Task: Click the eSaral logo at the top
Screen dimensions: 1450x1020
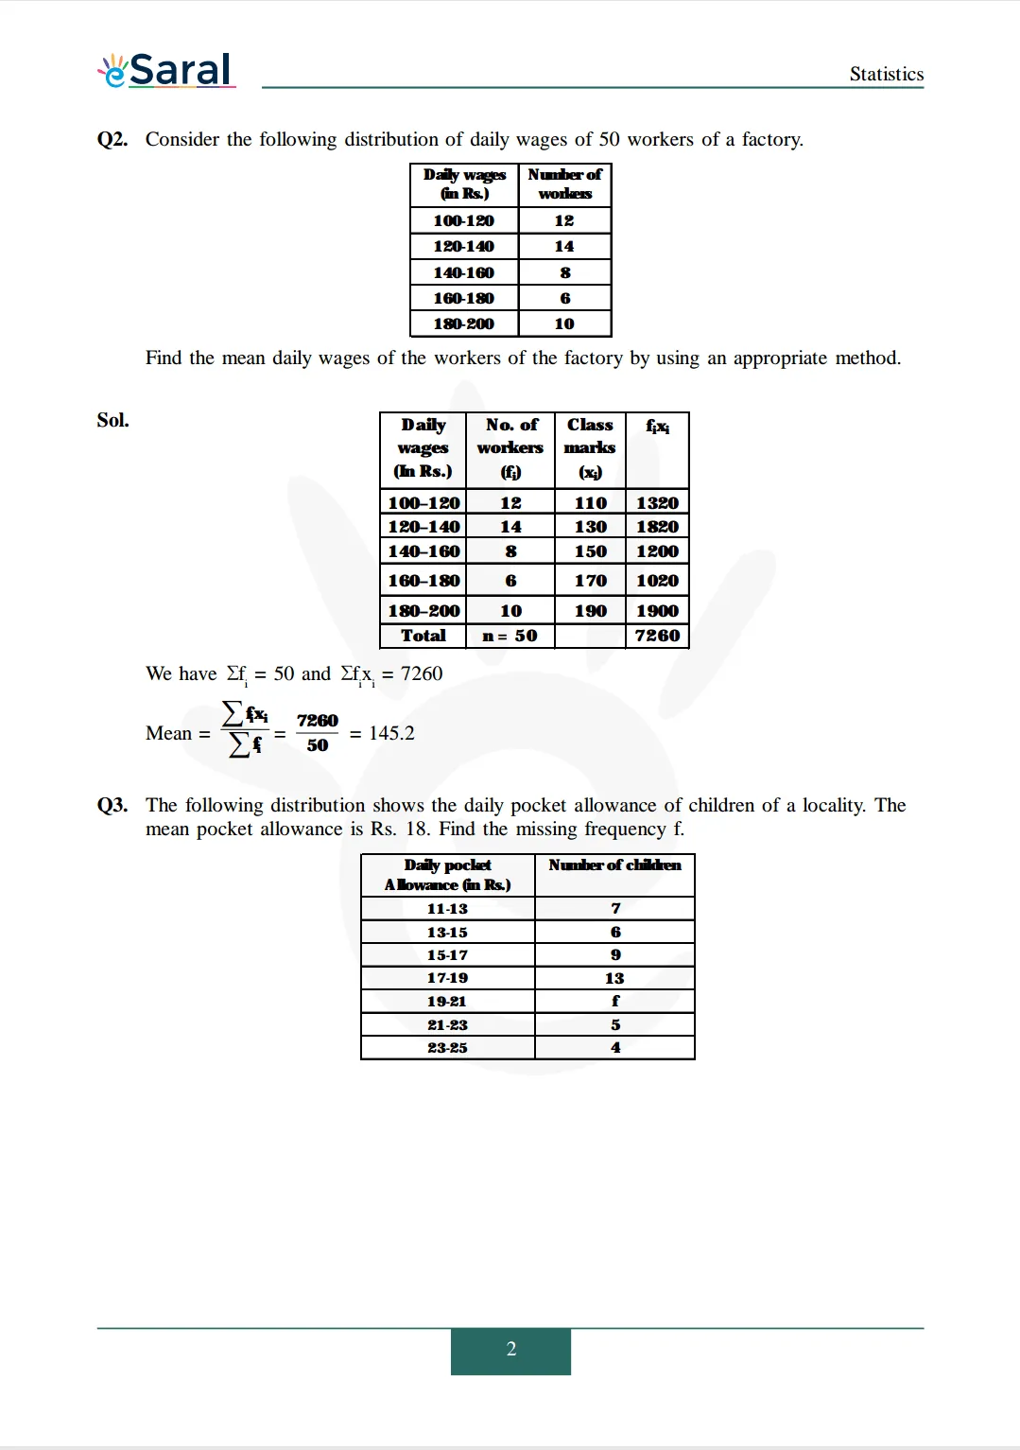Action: (x=167, y=70)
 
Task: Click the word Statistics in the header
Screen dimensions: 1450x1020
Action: (x=886, y=74)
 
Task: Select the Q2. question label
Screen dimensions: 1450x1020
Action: (x=112, y=139)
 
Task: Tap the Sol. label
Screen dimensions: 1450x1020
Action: (x=112, y=420)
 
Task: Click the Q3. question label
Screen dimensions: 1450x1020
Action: (x=112, y=805)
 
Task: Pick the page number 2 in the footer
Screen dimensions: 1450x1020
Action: (x=510, y=1350)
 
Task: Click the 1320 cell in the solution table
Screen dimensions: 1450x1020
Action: (x=657, y=502)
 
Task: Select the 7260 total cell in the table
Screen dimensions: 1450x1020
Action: (x=657, y=636)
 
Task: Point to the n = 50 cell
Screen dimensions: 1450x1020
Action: (x=510, y=636)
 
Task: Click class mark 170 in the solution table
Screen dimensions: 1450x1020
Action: (x=590, y=581)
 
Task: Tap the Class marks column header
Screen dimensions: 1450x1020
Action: (x=590, y=447)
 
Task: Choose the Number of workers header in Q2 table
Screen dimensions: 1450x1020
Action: (x=564, y=183)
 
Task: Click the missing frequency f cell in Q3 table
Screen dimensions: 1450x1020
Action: (x=615, y=1001)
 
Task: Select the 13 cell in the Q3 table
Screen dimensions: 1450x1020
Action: (x=614, y=978)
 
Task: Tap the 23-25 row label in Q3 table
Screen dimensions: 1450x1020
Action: (x=447, y=1047)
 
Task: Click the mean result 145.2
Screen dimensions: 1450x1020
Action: (x=391, y=733)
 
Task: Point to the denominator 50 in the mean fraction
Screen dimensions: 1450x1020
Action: (x=318, y=745)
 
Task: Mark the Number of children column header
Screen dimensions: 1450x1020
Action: (x=614, y=865)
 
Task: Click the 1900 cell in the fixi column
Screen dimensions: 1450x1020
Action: (x=657, y=611)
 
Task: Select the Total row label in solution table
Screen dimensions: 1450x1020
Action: (x=423, y=636)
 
